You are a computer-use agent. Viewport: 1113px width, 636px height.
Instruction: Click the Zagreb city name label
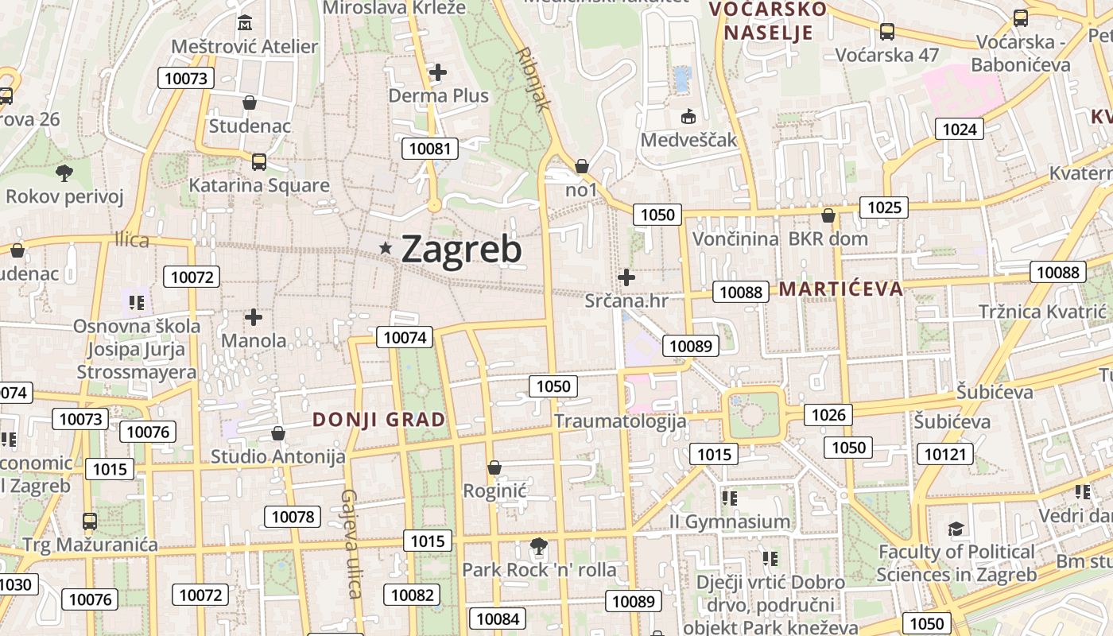pos(461,250)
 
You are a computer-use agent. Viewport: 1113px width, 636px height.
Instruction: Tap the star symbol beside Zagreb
pos(386,249)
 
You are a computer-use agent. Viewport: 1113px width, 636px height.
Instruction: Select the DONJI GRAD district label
pos(378,420)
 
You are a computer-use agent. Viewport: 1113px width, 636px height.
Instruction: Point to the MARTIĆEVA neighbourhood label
pos(841,289)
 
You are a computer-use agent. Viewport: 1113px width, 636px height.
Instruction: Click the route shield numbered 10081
pos(430,149)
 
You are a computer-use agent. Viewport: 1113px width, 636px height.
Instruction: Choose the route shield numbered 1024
pos(959,129)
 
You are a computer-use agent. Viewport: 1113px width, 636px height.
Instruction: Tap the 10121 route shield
pos(945,454)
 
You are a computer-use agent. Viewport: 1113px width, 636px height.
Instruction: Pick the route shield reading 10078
pos(293,517)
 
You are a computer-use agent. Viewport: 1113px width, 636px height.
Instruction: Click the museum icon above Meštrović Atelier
pos(245,21)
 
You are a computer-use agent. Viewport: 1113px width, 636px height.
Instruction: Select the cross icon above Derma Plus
pos(438,73)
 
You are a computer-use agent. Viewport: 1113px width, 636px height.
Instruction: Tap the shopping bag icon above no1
pos(582,166)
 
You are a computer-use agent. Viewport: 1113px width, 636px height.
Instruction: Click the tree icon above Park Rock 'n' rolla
pos(539,546)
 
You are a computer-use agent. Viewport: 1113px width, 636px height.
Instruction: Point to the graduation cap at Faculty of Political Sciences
pos(956,529)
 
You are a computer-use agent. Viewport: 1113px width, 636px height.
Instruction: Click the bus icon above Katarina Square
pos(259,162)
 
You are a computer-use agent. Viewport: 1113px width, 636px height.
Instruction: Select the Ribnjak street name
pos(533,79)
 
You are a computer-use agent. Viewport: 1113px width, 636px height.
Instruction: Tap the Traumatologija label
pos(620,421)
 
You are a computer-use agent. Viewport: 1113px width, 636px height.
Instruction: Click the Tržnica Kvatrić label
pos(1042,312)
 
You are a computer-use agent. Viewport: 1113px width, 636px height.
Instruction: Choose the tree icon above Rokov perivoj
pos(64,173)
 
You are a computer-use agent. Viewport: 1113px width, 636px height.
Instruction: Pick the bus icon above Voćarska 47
pos(886,32)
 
